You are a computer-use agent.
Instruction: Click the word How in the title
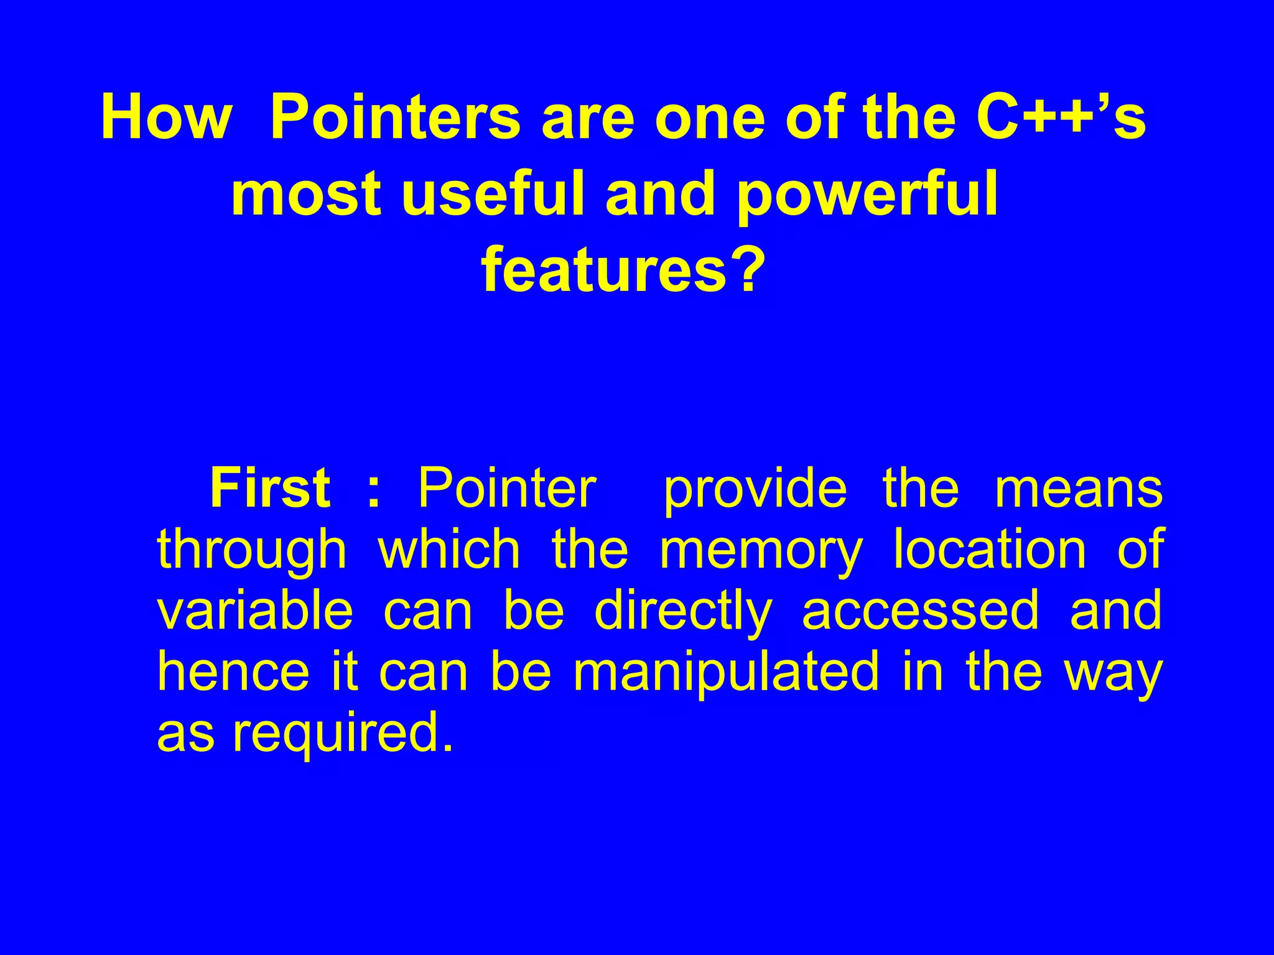[x=165, y=118]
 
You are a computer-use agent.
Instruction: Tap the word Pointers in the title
[x=395, y=118]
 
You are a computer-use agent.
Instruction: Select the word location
[x=990, y=550]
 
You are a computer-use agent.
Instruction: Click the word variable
[x=254, y=611]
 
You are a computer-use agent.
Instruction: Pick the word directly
[x=682, y=612]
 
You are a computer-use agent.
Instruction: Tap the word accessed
[x=920, y=612]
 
